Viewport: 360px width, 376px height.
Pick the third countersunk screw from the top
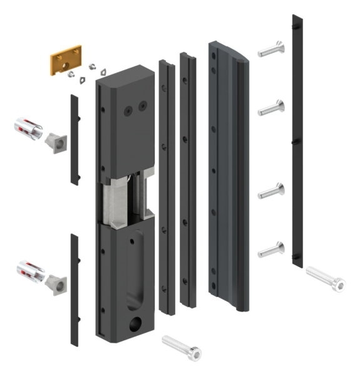pos(271,191)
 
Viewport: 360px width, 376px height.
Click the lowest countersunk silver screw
pos(271,248)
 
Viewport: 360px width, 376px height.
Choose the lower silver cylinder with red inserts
pos(30,269)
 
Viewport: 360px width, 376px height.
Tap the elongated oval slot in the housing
pos(133,269)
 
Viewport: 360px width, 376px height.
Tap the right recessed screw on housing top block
pos(143,106)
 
